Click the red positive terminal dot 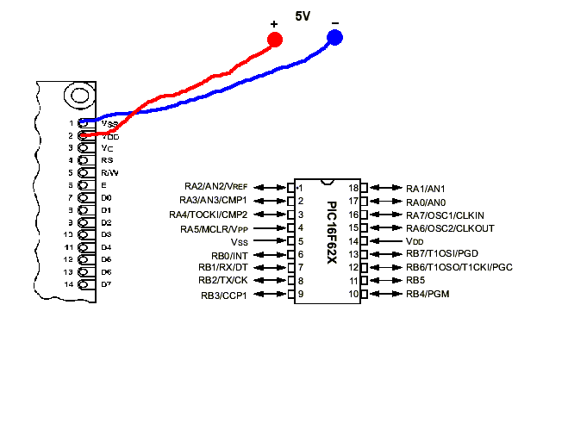275,40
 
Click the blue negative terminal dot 334,37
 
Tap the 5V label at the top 303,16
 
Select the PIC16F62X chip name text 332,234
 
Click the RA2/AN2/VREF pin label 215,187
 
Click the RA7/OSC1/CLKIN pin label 445,215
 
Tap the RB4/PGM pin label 428,295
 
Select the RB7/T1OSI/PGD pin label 441,254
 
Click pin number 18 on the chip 353,188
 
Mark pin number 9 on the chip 301,295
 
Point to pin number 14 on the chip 353,241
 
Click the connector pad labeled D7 84,284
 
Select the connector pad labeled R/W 84,172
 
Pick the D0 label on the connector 106,197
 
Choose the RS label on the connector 107,160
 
